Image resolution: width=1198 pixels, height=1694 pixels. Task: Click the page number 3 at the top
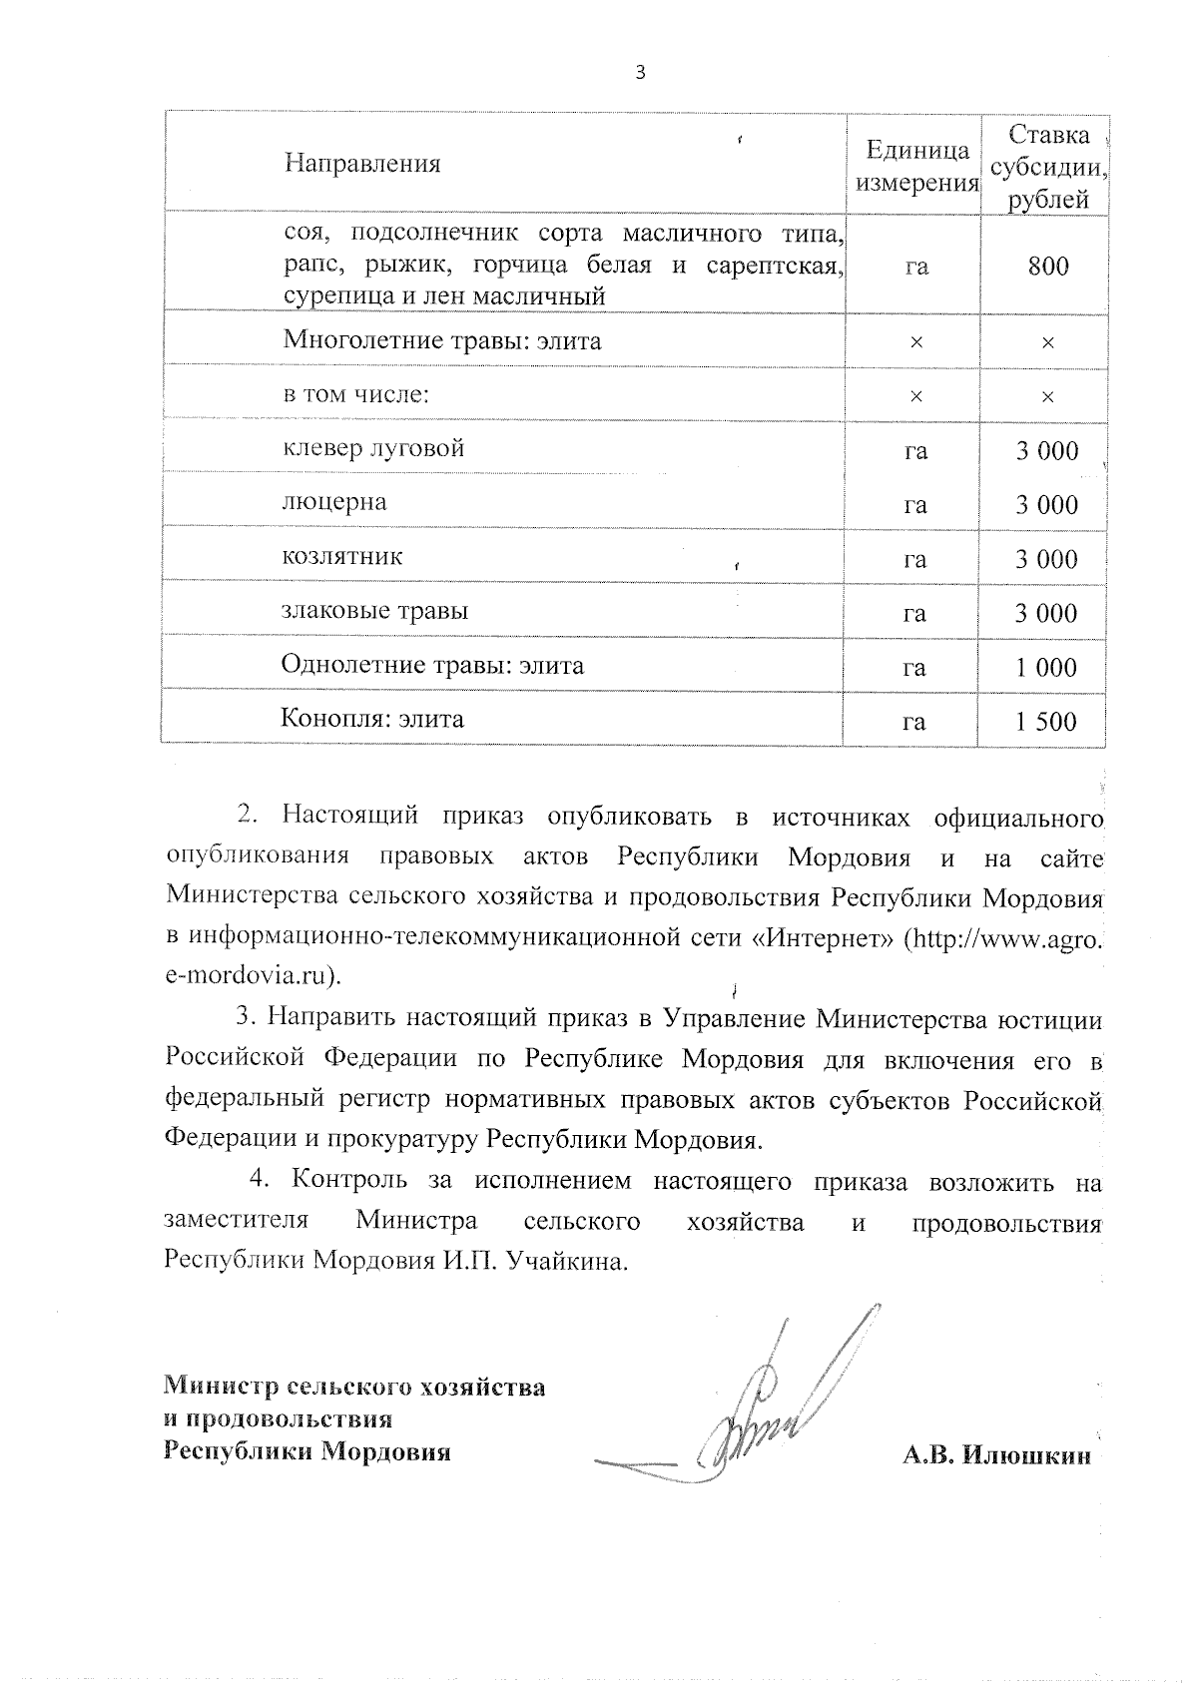[640, 72]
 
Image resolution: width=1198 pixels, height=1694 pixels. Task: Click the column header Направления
[362, 164]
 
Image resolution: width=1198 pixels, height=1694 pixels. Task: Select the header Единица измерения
[916, 166]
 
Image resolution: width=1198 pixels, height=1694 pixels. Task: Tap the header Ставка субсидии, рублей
[1047, 167]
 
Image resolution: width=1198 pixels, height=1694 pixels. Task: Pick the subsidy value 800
[1047, 267]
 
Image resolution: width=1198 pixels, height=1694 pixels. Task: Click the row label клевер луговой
[373, 448]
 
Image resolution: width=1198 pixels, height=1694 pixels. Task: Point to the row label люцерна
[334, 502]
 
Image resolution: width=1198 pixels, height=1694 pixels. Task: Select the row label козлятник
[342, 556]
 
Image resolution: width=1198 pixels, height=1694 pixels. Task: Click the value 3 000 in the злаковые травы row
[1047, 613]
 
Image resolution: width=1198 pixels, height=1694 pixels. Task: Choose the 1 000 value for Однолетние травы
[1047, 667]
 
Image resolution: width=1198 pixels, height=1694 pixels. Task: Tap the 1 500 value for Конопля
[1047, 721]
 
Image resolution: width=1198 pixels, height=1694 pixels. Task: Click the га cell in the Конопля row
[914, 721]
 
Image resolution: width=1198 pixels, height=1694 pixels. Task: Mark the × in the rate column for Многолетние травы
[1047, 342]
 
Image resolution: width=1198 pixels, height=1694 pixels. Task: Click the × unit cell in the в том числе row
[915, 396]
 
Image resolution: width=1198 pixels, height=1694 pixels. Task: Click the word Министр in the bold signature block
[221, 1387]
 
